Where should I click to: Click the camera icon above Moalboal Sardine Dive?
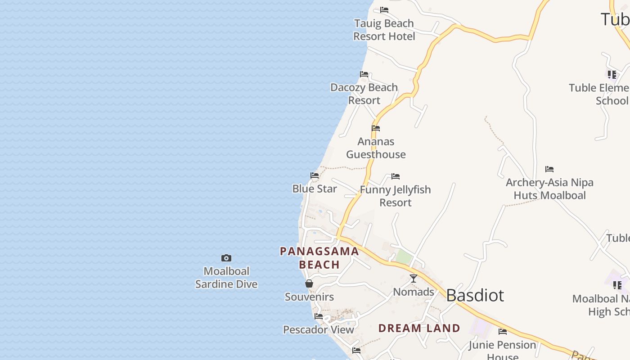click(x=226, y=258)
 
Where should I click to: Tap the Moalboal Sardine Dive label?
click(x=226, y=278)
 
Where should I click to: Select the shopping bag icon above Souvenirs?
click(x=309, y=283)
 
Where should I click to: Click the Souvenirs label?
click(x=309, y=297)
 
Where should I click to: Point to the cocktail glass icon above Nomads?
click(x=414, y=279)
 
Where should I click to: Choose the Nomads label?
click(x=414, y=292)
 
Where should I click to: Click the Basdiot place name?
click(x=475, y=295)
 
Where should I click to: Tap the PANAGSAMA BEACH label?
click(x=319, y=258)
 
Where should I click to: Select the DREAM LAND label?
click(x=419, y=328)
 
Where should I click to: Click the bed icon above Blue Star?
click(x=315, y=175)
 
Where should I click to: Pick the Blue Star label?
click(x=315, y=189)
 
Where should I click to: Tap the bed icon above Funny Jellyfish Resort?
click(x=396, y=176)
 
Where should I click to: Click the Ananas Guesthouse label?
click(x=376, y=148)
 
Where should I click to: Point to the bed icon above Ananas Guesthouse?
click(x=376, y=128)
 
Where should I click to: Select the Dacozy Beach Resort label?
click(x=364, y=94)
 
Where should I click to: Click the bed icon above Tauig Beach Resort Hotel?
click(x=384, y=9)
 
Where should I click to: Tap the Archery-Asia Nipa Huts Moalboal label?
click(x=549, y=189)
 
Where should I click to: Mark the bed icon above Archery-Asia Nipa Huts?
click(x=549, y=169)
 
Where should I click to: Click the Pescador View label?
click(x=319, y=330)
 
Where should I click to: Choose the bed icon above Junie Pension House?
click(x=503, y=332)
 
